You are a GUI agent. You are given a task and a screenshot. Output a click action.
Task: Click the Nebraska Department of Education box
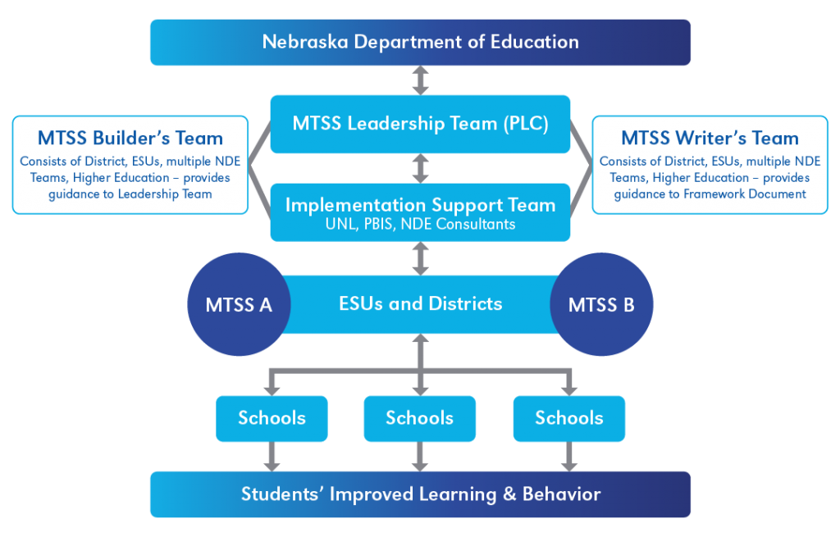pos(420,42)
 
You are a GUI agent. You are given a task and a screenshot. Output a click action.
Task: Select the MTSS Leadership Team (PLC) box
pos(420,124)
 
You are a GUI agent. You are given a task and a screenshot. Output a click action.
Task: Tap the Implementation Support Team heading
pos(420,205)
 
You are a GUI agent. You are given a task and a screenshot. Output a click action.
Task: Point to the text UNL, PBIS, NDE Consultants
pos(420,224)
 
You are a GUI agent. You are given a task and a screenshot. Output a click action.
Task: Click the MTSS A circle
pos(239,305)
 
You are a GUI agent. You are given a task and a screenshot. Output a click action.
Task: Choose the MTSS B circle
pos(601,305)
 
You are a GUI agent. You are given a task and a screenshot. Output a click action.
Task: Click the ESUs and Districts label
pos(420,304)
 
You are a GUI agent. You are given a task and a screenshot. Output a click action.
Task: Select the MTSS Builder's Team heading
pos(130,138)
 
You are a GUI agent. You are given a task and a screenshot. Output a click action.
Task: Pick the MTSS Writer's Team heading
pos(710,138)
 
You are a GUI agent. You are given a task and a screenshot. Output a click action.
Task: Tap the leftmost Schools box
pos(272,418)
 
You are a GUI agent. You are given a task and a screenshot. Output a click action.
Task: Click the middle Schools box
pos(420,418)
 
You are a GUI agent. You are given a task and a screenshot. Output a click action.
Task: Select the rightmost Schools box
pos(568,418)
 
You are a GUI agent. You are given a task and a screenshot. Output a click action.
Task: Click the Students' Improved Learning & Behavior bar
pos(420,494)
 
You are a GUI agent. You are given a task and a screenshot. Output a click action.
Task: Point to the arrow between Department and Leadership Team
pos(420,80)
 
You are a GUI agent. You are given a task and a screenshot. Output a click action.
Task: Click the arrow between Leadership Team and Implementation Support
pos(420,168)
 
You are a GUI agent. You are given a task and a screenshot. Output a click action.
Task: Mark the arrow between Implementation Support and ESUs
pos(420,257)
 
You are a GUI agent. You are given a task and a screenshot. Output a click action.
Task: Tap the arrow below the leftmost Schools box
pos(272,457)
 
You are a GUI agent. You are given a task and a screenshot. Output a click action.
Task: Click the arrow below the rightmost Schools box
pos(568,457)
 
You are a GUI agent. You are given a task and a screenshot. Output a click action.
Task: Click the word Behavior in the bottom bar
pos(566,494)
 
